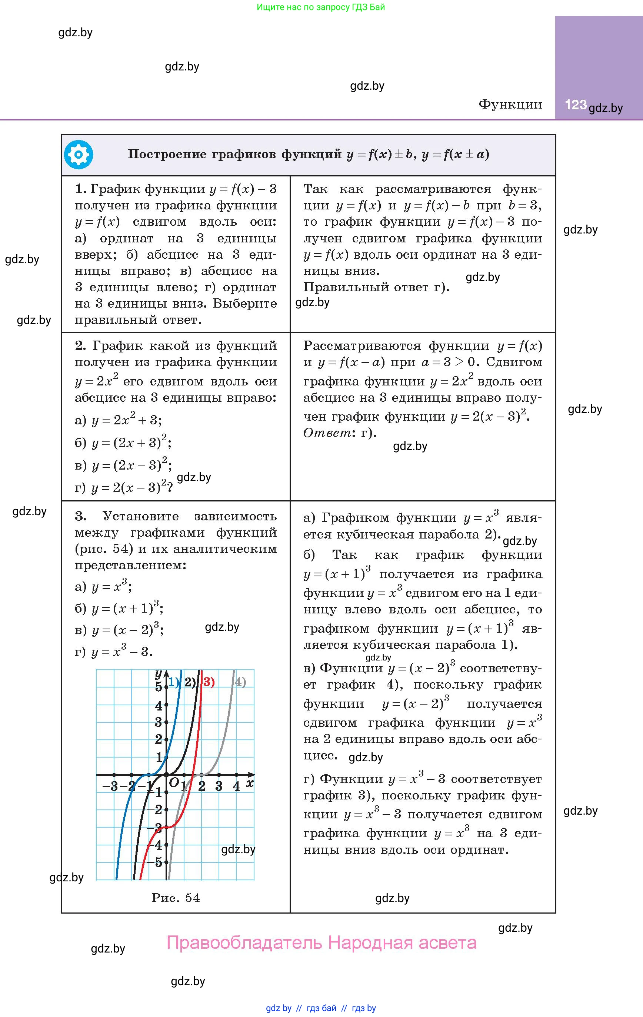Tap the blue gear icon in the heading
[79, 155]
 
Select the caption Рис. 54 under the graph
[176, 898]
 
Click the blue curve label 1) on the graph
[173, 682]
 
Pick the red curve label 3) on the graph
[209, 682]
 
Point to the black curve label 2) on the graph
[190, 682]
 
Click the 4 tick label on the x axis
[236, 786]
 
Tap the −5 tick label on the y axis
[155, 862]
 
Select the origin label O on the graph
[173, 783]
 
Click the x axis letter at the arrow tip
[250, 784]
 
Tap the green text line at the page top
[321, 7]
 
